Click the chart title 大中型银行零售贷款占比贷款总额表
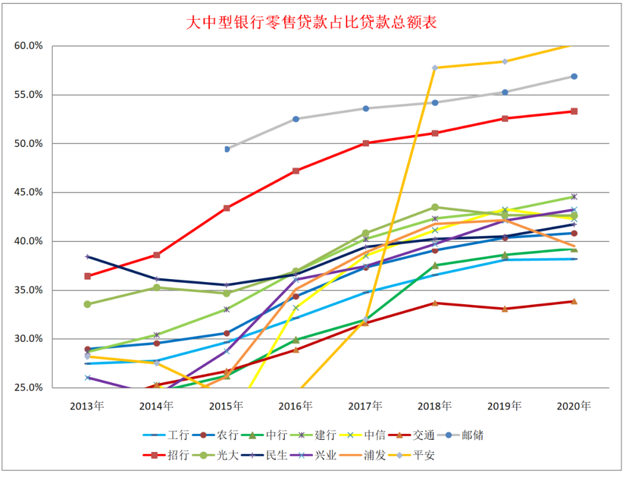click(311, 23)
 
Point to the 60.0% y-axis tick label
click(27, 46)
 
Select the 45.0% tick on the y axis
click(27, 193)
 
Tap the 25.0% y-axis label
click(27, 388)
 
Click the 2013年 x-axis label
click(87, 406)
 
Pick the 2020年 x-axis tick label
click(574, 406)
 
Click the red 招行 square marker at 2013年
click(88, 276)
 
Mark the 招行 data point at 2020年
click(574, 111)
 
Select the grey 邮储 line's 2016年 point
click(296, 119)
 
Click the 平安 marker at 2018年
click(435, 68)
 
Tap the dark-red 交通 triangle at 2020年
click(574, 301)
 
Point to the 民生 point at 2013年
click(88, 256)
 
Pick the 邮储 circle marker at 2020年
click(574, 77)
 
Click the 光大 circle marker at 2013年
click(88, 304)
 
